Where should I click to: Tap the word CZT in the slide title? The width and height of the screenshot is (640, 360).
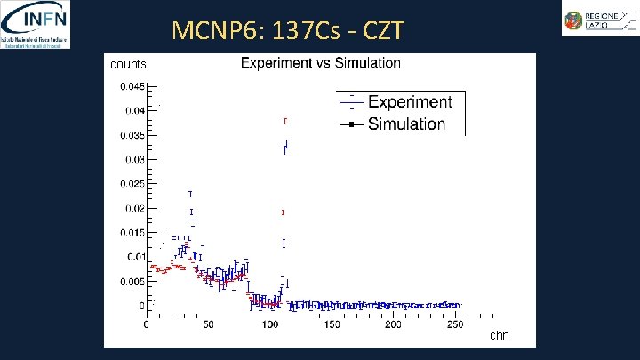(x=382, y=32)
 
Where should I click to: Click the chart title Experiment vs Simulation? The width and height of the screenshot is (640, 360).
(x=320, y=63)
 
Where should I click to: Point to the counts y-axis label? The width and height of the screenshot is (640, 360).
(x=128, y=64)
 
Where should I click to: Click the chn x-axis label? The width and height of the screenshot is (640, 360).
(x=499, y=335)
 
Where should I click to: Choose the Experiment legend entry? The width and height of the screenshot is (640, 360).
(x=409, y=102)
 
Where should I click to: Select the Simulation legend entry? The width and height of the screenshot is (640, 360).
(x=406, y=124)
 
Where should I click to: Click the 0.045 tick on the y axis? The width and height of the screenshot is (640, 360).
(x=131, y=86)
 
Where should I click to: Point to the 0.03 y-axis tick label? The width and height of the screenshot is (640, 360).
(x=133, y=160)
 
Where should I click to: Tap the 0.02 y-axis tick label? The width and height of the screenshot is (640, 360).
(x=133, y=209)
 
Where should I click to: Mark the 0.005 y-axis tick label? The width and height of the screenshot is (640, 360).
(x=131, y=282)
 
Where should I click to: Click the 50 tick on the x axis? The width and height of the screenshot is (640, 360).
(x=208, y=325)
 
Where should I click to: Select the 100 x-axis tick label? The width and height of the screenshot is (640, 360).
(x=269, y=325)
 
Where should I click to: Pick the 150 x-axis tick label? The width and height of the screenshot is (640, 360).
(x=331, y=325)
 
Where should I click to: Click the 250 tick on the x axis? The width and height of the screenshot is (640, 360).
(x=454, y=325)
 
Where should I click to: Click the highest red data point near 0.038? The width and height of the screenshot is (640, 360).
(x=284, y=120)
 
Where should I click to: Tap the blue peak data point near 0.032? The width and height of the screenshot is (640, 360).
(x=285, y=147)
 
